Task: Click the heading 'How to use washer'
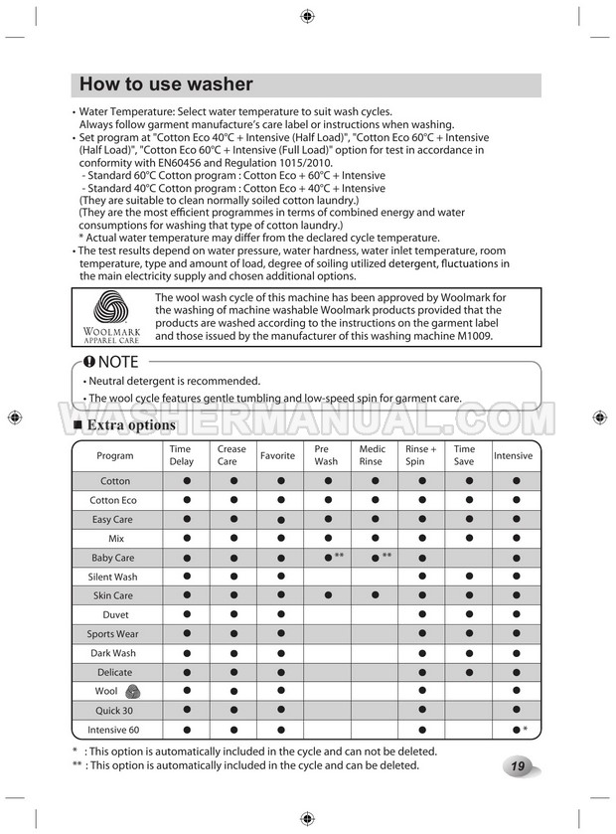coord(166,84)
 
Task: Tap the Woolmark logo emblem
coord(111,308)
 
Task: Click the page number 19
coord(519,766)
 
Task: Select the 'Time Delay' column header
coord(182,455)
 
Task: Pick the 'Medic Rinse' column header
coord(372,455)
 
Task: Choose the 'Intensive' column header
coord(513,455)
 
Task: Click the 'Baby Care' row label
coord(112,558)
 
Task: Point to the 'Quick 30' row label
coord(112,711)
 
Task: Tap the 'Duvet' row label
coord(112,615)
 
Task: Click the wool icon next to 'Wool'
coord(133,692)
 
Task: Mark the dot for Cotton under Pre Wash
coord(326,481)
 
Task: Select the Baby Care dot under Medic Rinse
coord(374,559)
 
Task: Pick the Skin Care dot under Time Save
coord(468,596)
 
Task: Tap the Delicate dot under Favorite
coord(280,673)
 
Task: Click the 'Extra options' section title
coord(131,425)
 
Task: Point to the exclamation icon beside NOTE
coord(89,362)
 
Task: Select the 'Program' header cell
coord(115,455)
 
